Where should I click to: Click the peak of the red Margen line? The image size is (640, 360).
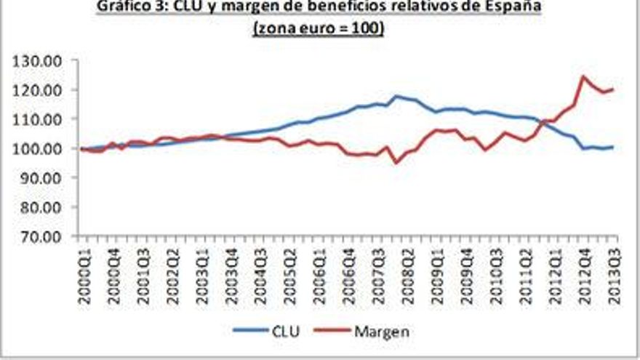click(x=583, y=76)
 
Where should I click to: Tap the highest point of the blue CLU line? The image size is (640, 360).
click(x=396, y=96)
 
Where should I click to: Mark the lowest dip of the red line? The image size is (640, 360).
click(x=396, y=162)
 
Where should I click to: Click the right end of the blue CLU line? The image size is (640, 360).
click(x=613, y=147)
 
